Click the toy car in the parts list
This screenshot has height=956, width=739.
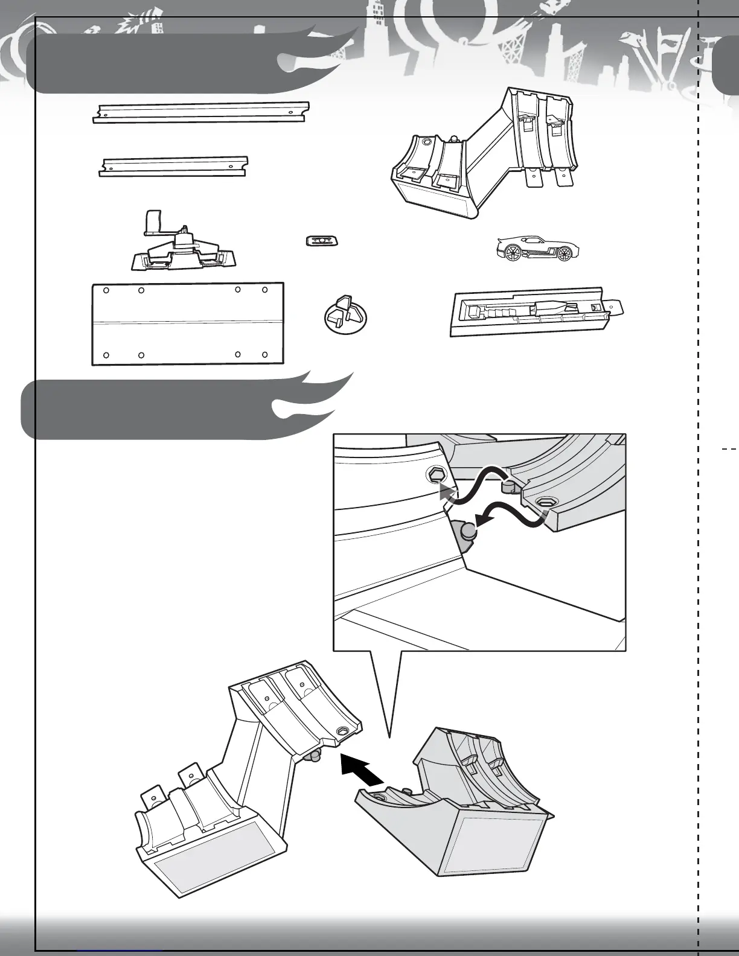pyautogui.click(x=537, y=248)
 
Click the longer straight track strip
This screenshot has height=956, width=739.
pyautogui.click(x=200, y=112)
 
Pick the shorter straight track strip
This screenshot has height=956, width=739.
pyautogui.click(x=174, y=167)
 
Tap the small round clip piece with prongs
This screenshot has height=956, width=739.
pyautogui.click(x=345, y=312)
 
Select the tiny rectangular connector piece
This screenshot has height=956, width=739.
pyautogui.click(x=322, y=241)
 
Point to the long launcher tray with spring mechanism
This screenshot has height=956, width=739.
pyautogui.click(x=534, y=311)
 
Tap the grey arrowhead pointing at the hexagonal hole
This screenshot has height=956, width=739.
pyautogui.click(x=445, y=491)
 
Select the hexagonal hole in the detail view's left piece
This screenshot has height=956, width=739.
pyautogui.click(x=436, y=475)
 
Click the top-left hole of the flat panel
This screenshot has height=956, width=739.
pyautogui.click(x=106, y=290)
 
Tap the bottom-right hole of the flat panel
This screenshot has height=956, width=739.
pyautogui.click(x=265, y=355)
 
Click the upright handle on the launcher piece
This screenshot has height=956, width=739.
pyautogui.click(x=153, y=221)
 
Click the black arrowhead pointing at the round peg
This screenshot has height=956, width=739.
pyautogui.click(x=482, y=520)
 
